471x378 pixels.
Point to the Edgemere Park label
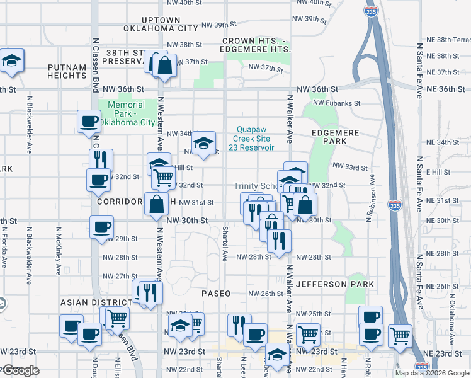(x=336, y=137)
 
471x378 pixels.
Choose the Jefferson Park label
(x=336, y=284)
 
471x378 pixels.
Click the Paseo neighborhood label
(x=216, y=294)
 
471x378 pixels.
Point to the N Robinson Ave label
(x=372, y=198)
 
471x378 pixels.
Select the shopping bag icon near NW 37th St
(x=164, y=66)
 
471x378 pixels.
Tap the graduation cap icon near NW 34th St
(x=203, y=143)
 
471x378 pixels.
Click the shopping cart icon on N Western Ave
(x=164, y=178)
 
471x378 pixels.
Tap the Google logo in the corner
(x=20, y=370)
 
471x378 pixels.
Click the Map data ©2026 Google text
(x=431, y=373)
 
